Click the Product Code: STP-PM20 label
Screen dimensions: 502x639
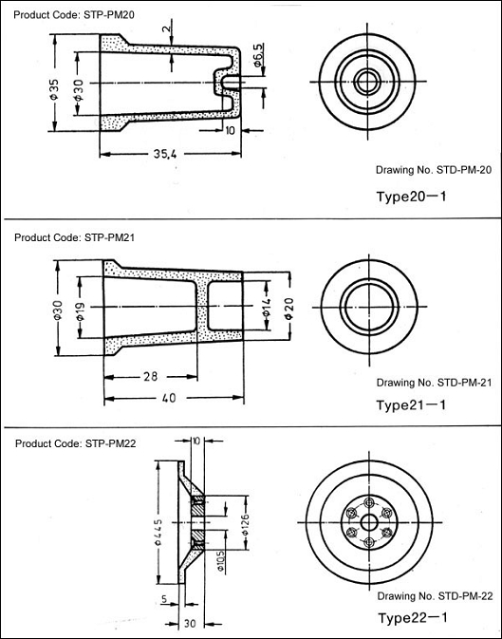[x=74, y=15]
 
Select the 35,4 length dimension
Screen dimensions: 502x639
[x=165, y=154]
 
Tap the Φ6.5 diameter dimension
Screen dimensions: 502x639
[x=259, y=55]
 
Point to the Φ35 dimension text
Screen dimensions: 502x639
[x=55, y=89]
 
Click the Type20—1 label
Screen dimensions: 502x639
[x=411, y=197]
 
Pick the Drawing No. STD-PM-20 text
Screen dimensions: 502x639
[x=434, y=170]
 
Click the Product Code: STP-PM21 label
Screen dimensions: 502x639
[x=74, y=237]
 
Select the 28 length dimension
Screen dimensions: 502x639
[x=150, y=376]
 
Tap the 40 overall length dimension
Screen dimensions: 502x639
[x=169, y=397]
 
